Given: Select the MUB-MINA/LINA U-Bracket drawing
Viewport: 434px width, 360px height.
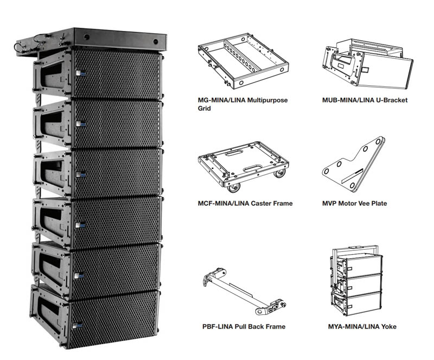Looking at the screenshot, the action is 368,64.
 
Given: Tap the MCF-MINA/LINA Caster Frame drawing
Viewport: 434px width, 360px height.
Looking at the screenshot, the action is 243,166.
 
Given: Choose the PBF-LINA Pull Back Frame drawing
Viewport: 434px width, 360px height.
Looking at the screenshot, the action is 245,292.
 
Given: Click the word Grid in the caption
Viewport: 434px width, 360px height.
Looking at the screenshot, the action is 205,109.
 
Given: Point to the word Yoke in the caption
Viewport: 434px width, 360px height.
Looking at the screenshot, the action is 388,326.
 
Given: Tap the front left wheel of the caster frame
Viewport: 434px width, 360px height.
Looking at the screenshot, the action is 234,188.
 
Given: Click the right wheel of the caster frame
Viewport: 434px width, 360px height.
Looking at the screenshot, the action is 279,174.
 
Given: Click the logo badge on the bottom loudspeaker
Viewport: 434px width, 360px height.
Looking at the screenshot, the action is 77,326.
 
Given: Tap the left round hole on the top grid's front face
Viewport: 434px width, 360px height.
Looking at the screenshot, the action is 87,36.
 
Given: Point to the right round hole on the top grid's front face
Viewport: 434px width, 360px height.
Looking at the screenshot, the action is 156,42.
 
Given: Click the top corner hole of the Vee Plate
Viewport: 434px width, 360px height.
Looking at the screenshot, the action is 378,141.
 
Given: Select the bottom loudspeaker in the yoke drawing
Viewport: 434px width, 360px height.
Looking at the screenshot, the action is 356,304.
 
